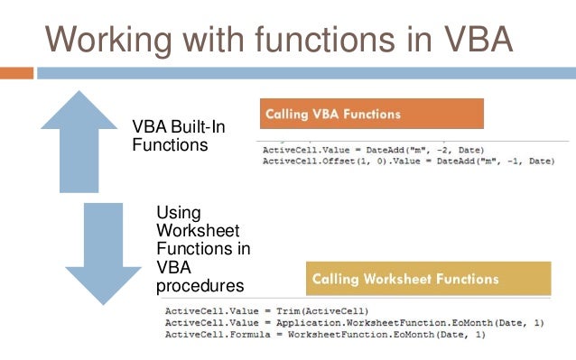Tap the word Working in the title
pyautogui.click(x=116, y=39)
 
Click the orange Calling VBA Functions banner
pyautogui.click(x=371, y=114)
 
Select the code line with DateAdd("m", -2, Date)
pyautogui.click(x=373, y=149)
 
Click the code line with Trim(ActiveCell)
pyautogui.click(x=266, y=311)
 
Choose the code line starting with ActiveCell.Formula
pyautogui.click(x=324, y=335)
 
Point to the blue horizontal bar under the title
pyautogui.click(x=307, y=70)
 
